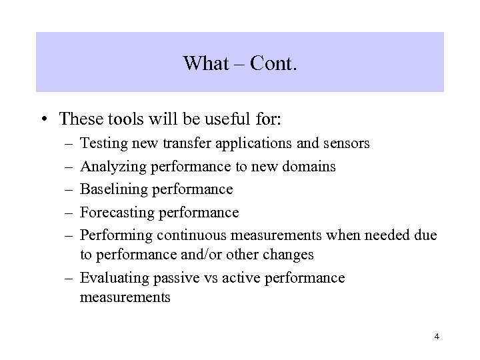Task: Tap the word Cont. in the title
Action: (x=273, y=63)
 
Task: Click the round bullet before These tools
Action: (x=43, y=120)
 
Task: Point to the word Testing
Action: (x=104, y=143)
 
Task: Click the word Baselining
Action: (x=115, y=189)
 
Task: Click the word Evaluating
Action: (x=115, y=277)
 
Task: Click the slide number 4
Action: (x=436, y=337)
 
